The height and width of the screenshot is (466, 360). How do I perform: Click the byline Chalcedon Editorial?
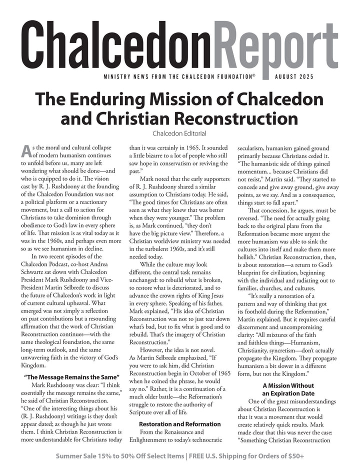tap(179, 133)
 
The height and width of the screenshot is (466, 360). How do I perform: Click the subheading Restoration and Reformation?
tap(179, 424)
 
